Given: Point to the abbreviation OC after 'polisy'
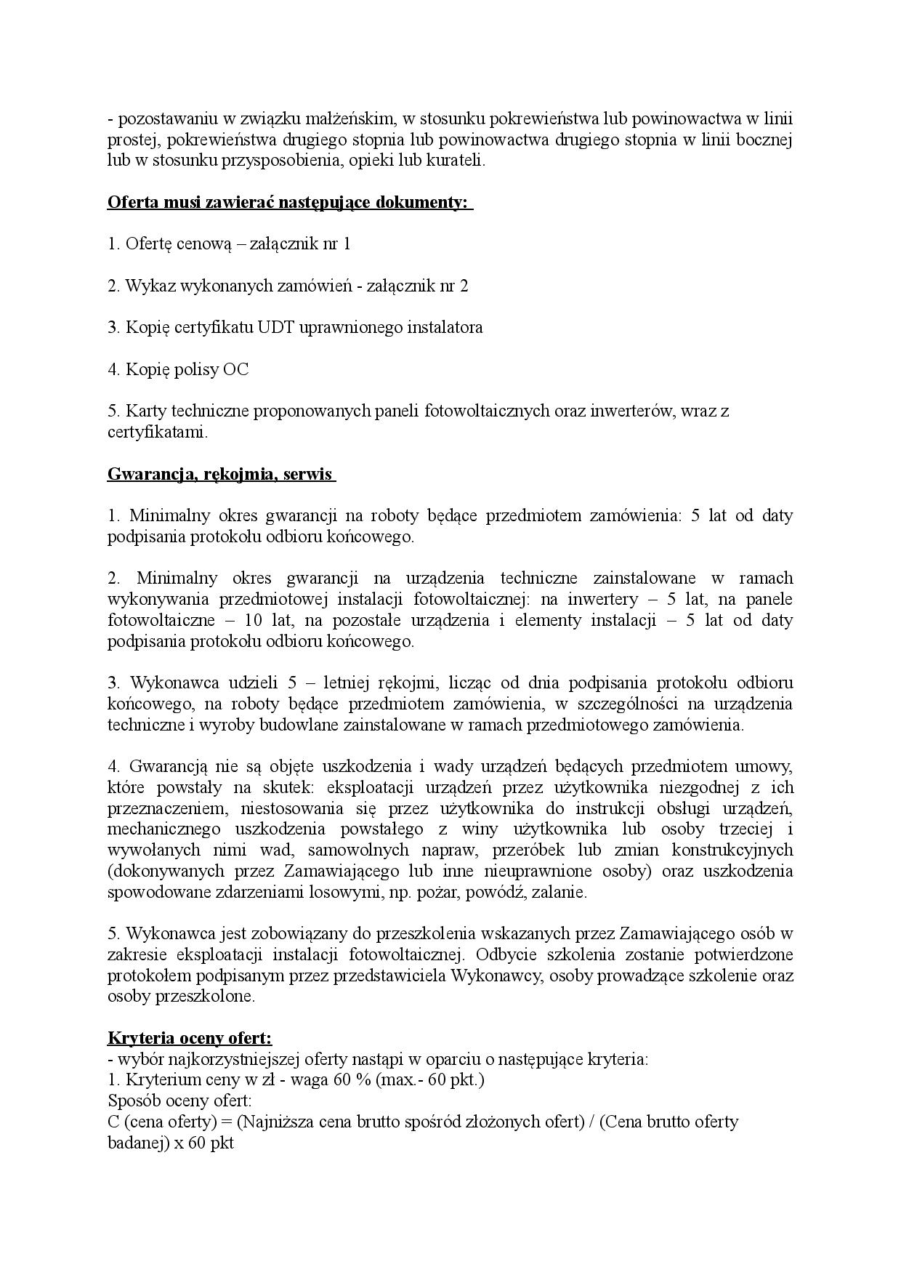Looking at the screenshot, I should [x=235, y=370].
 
